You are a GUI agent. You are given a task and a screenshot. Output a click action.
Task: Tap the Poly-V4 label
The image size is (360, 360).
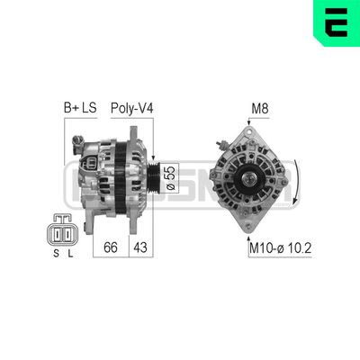point(131,109)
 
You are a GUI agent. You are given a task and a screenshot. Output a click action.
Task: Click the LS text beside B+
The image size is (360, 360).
point(89,109)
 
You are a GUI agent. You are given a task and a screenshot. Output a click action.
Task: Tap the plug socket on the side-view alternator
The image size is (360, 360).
point(94,165)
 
